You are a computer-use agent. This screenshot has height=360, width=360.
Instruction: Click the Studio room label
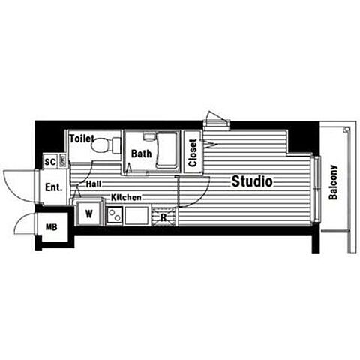click(252, 181)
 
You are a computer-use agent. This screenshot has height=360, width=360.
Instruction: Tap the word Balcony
click(333, 182)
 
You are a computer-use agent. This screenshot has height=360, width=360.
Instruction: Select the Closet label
click(193, 153)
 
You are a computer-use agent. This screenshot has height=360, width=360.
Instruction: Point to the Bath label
click(141, 154)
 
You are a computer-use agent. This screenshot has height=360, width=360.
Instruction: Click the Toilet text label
click(82, 139)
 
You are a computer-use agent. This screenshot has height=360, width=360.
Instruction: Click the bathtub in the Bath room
click(166, 151)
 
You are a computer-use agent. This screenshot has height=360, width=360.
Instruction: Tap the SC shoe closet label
click(50, 162)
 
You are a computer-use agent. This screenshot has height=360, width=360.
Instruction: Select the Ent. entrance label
click(53, 187)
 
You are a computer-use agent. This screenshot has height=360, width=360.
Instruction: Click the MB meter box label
click(52, 227)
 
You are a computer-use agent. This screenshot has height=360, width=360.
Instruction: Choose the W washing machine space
click(88, 213)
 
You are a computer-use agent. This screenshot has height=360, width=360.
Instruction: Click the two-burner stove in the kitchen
click(115, 215)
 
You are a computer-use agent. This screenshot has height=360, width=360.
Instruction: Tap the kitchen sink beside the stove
click(136, 215)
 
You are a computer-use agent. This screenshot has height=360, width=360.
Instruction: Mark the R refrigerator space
click(164, 217)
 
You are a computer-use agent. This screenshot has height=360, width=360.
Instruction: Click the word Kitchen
click(126, 197)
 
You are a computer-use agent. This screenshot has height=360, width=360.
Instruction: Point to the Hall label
click(94, 184)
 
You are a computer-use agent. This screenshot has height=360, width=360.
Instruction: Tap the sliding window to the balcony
click(316, 189)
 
